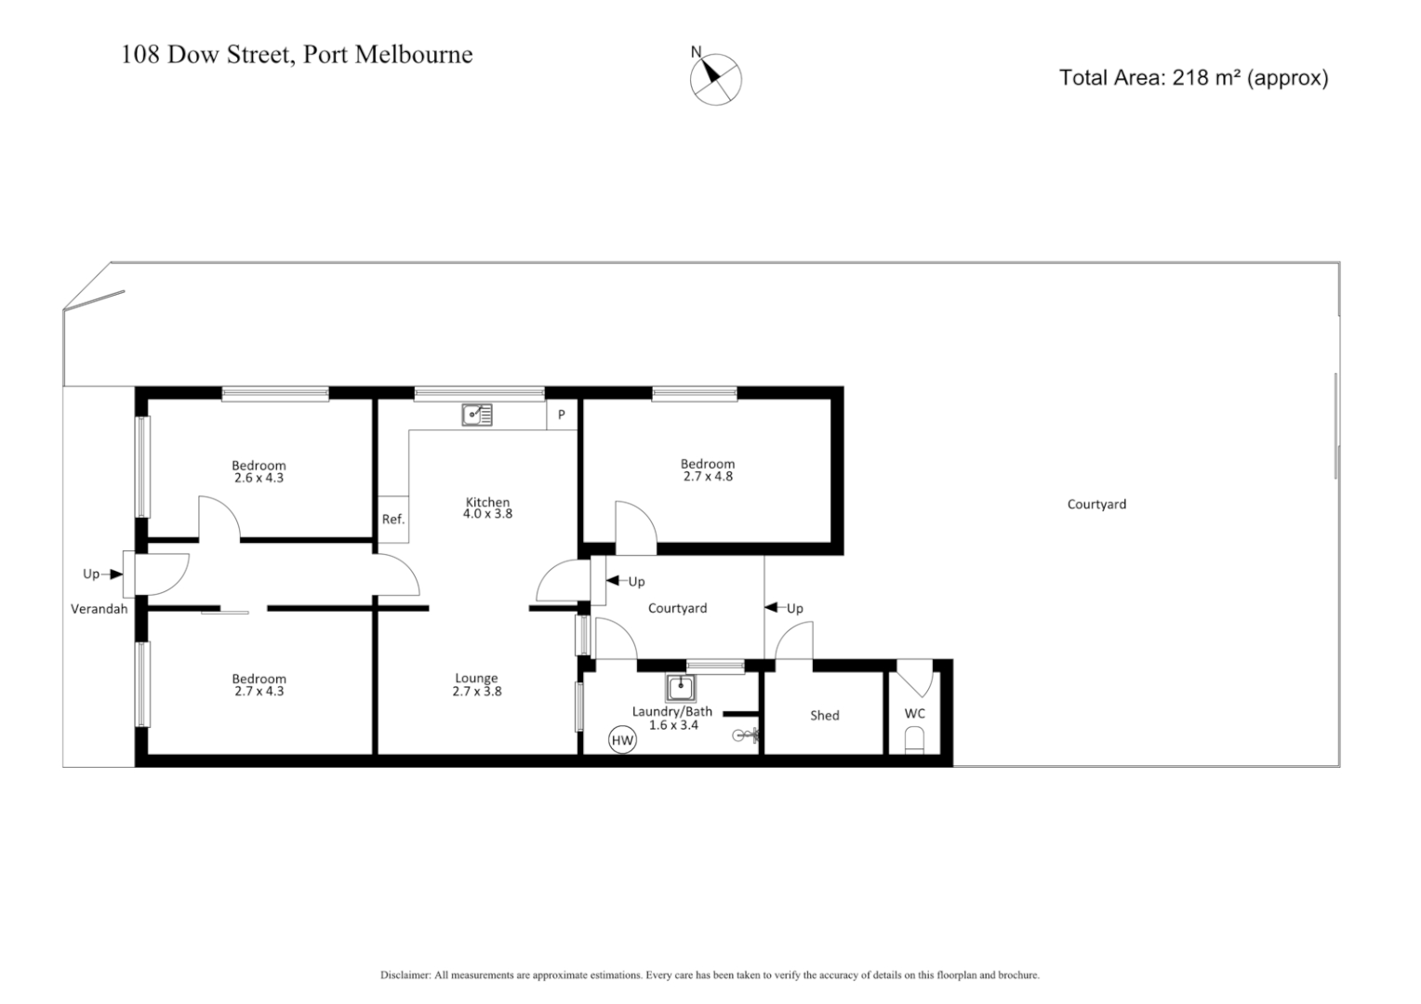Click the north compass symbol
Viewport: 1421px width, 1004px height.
pos(715,79)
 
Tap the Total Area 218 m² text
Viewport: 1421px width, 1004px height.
pos(1193,78)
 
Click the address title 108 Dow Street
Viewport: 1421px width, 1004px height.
pos(297,55)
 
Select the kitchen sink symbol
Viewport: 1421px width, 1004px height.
pos(477,415)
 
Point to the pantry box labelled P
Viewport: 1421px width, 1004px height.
pos(561,416)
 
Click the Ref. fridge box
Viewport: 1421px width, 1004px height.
pos(393,520)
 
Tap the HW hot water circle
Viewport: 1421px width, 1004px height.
pos(621,741)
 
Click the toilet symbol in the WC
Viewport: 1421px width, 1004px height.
pos(915,741)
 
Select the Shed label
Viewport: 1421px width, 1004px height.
pos(824,715)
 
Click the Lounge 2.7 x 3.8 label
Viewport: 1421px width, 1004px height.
pos(476,685)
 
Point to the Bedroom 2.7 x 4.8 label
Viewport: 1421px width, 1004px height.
pos(708,470)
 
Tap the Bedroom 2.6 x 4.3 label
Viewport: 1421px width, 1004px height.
pos(259,472)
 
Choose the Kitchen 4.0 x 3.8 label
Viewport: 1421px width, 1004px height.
pos(488,508)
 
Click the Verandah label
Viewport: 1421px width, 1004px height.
pos(99,609)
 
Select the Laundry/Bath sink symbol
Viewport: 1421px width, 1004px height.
pos(681,689)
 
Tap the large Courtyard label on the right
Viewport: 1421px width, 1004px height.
pos(1096,504)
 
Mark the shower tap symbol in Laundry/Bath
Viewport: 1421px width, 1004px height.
pos(746,735)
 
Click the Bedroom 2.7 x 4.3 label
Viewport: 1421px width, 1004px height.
pos(259,685)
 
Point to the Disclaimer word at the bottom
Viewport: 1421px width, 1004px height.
pos(405,975)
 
